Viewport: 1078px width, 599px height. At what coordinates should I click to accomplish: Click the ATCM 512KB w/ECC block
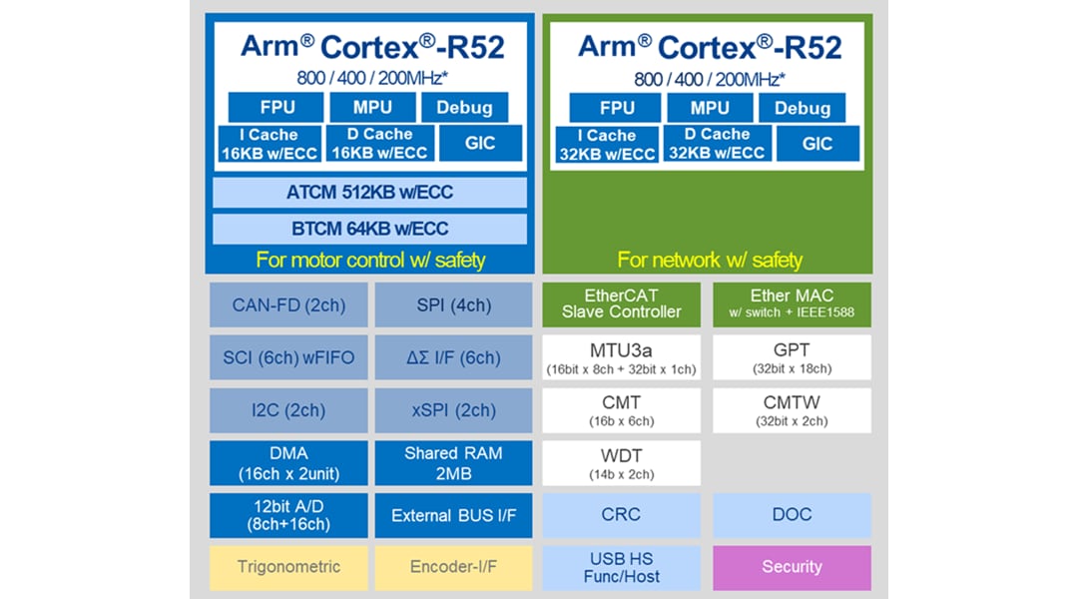tap(369, 193)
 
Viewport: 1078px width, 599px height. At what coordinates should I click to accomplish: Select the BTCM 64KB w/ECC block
tap(369, 229)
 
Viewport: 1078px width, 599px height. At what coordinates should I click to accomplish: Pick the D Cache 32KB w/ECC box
tap(717, 144)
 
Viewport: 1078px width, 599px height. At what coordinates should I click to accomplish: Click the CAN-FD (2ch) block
tap(288, 304)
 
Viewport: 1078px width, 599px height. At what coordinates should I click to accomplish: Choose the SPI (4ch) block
tap(453, 304)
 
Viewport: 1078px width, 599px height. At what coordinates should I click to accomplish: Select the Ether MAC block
tap(792, 303)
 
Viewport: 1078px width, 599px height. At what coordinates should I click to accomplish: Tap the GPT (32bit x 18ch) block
tap(792, 357)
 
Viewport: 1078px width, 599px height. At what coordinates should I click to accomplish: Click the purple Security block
tap(792, 567)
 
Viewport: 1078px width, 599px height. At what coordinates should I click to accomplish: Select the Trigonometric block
tap(288, 567)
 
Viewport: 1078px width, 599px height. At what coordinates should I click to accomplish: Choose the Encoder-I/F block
tap(453, 567)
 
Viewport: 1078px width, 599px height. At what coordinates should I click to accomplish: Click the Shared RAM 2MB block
tap(453, 463)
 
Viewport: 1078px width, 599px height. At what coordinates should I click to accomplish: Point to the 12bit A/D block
tap(288, 515)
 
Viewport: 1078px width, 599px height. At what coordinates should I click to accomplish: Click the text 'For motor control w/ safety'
tap(370, 261)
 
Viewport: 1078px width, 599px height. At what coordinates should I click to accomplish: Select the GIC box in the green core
tap(817, 144)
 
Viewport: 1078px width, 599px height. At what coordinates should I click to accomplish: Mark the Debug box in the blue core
tap(464, 108)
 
